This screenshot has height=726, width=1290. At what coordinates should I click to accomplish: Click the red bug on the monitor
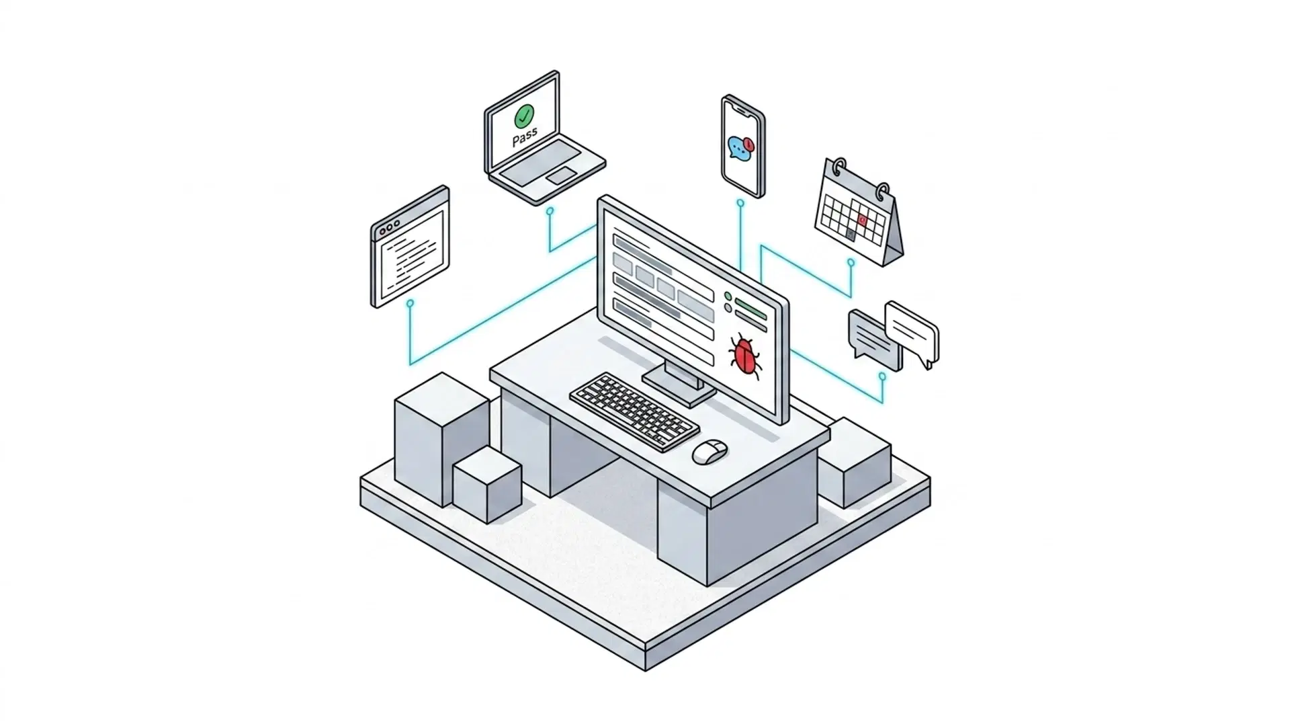(x=745, y=355)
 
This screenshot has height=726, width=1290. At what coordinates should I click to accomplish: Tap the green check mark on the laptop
(x=524, y=116)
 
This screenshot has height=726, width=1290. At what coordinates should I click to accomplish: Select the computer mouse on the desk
(x=709, y=451)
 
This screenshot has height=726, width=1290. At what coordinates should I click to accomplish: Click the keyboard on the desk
(x=634, y=411)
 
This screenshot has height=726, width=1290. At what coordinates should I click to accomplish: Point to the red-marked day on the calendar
(x=863, y=220)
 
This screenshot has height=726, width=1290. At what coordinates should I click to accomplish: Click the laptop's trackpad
(x=561, y=175)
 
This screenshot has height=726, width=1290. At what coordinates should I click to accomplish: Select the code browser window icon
(x=410, y=246)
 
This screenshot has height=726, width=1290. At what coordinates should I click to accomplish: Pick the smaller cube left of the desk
(x=487, y=485)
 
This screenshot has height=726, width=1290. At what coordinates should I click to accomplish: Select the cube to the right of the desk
(x=855, y=462)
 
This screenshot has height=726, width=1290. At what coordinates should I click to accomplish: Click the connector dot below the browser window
(x=410, y=304)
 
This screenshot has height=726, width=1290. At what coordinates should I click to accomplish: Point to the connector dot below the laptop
(x=550, y=211)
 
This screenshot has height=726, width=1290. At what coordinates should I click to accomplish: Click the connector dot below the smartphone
(x=740, y=202)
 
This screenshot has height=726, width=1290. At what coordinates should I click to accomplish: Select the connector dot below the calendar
(x=851, y=263)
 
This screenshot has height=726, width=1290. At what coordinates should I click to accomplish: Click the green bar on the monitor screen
(x=750, y=309)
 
